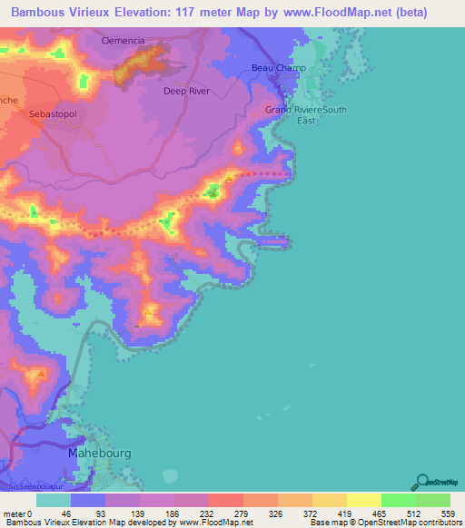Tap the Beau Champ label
coord(279,69)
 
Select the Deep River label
coord(186,91)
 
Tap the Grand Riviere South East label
coord(306,115)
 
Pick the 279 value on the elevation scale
coord(240,513)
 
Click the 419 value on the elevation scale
coord(344,513)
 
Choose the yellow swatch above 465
coord(363,500)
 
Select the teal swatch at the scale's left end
coord(54,500)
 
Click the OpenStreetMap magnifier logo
coord(420,482)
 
